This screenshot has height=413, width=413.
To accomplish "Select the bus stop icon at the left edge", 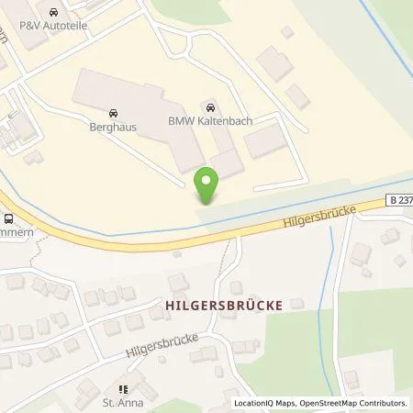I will [8, 218].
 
